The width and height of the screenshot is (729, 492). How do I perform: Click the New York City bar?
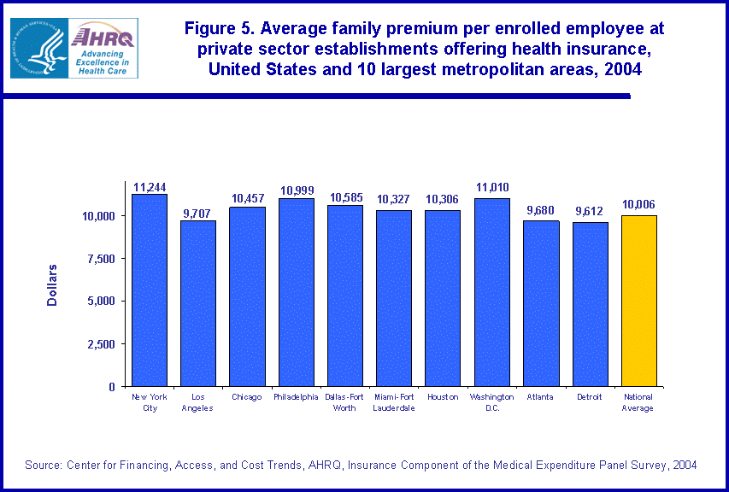point(149,290)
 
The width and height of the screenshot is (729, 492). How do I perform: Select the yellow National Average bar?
point(638,301)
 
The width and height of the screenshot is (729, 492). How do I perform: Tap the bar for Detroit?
point(590,304)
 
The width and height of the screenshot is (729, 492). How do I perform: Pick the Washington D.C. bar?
point(491,292)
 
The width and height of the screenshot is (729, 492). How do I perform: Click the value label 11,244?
point(149,187)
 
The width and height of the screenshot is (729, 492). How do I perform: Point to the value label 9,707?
point(197,214)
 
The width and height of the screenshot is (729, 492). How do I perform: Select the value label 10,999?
point(296,191)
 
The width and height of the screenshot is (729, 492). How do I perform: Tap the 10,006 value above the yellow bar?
point(638,205)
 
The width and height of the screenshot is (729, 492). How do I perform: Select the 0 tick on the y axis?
point(111,387)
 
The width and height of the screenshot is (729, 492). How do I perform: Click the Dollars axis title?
point(52,284)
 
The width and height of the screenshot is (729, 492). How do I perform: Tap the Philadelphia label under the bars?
point(296,397)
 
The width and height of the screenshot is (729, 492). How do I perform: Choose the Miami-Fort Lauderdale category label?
point(394,402)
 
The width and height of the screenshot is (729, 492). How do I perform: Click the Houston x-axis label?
point(443,397)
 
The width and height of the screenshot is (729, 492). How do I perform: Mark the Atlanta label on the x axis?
point(540,397)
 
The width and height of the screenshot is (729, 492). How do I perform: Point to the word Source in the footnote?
point(43,465)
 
